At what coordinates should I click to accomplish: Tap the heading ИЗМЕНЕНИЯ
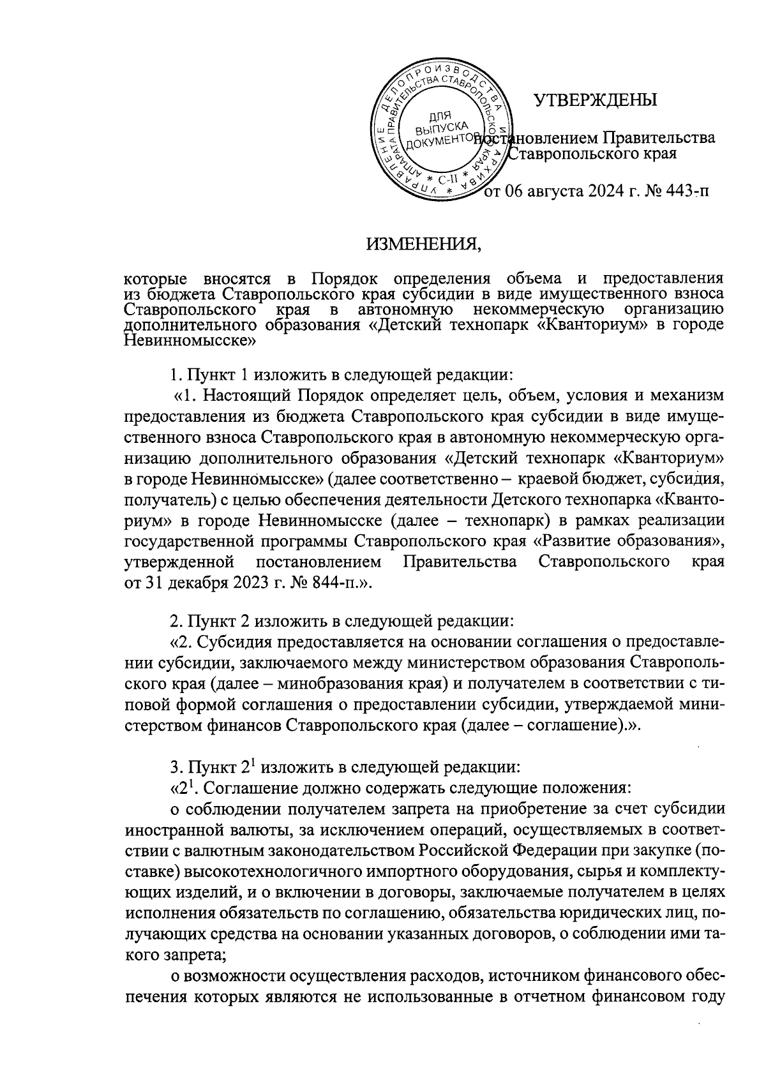pos(421,243)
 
